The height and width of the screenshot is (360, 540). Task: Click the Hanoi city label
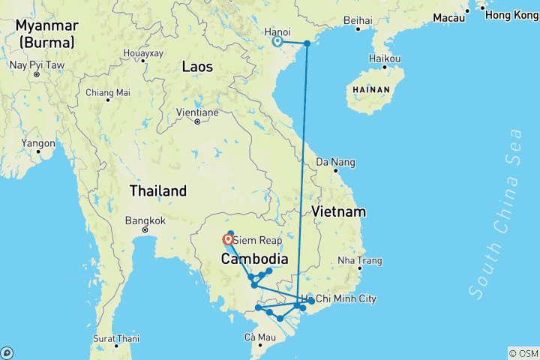pyautogui.click(x=277, y=31)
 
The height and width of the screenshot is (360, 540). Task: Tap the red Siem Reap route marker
pyautogui.click(x=227, y=240)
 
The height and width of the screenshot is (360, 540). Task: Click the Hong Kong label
pyautogui.click(x=511, y=14)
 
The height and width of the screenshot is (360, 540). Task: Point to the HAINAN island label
pyautogui.click(x=368, y=89)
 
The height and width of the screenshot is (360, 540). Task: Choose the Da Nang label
pyautogui.click(x=335, y=162)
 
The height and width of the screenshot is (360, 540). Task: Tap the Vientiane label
pyautogui.click(x=196, y=112)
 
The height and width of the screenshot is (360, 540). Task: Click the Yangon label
pyautogui.click(x=38, y=143)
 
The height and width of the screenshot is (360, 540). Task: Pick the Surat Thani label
pyautogui.click(x=115, y=338)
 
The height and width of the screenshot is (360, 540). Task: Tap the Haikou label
pyautogui.click(x=385, y=58)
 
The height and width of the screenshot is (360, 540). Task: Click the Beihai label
pyautogui.click(x=357, y=20)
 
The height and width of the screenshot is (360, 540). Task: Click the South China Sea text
pyautogui.click(x=494, y=214)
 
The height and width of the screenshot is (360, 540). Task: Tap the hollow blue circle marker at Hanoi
pyautogui.click(x=277, y=42)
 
